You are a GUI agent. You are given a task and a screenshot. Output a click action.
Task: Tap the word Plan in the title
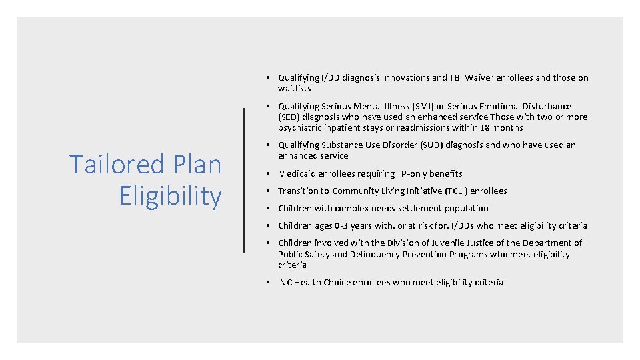coord(196,164)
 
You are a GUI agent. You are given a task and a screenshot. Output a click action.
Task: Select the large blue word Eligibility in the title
coord(170,196)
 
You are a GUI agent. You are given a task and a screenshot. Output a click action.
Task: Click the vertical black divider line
coord(245,180)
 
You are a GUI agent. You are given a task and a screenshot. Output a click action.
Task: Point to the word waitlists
coord(295,88)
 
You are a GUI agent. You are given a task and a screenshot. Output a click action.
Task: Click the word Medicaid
coord(297,173)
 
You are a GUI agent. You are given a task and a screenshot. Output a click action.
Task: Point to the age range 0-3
coord(337,225)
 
